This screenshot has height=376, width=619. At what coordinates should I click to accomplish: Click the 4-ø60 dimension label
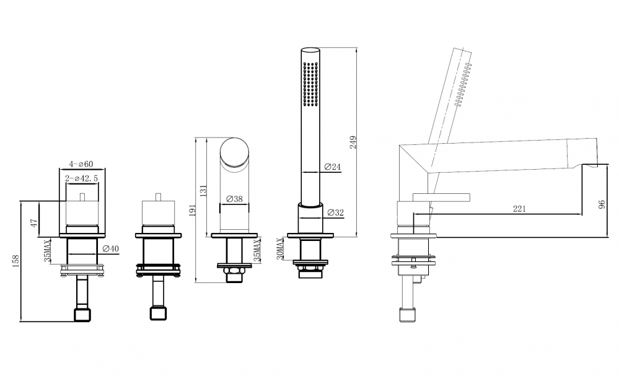[81, 164]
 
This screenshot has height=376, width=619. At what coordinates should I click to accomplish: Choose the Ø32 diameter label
[335, 212]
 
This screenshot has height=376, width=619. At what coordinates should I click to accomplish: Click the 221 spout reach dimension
[519, 209]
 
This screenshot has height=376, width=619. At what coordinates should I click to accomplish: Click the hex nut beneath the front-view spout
[235, 273]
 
